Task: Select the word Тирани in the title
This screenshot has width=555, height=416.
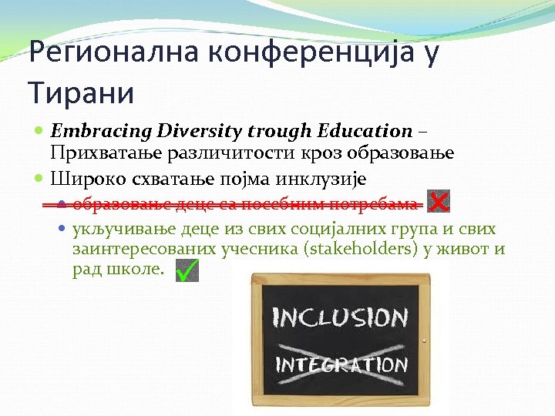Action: tap(81, 93)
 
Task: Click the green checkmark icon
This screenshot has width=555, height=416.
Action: tap(187, 270)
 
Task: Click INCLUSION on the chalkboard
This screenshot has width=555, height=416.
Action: tap(340, 317)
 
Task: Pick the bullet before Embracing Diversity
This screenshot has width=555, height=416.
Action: tap(40, 132)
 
